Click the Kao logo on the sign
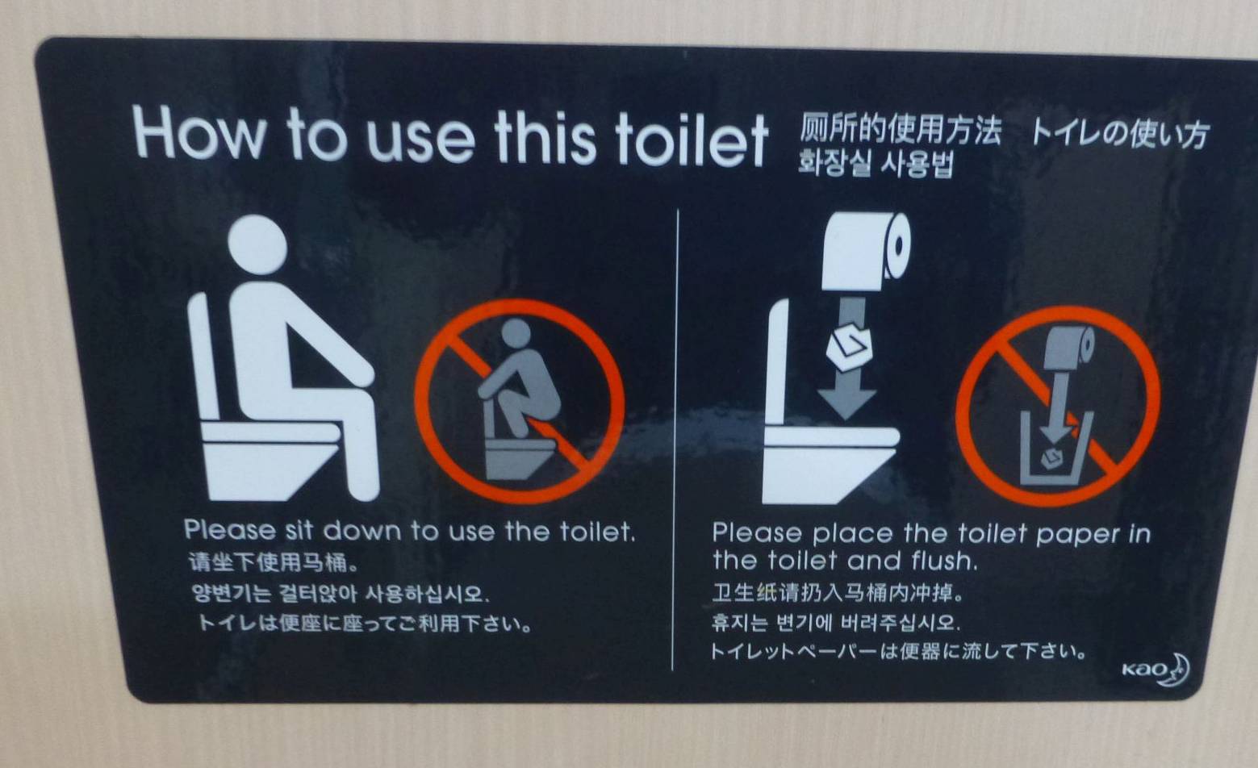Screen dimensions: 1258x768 (x=1156, y=670)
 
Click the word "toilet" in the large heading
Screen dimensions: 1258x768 (x=692, y=138)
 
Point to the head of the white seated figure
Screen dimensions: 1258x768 (x=257, y=244)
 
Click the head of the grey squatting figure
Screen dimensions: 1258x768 (x=516, y=333)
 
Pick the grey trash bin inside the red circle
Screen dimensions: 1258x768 (x=1056, y=448)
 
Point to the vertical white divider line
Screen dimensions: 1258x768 (x=675, y=440)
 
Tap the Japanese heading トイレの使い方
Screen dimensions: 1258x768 (x=1119, y=135)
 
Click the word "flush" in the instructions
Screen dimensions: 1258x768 (x=943, y=561)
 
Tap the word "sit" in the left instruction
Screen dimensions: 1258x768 (x=299, y=531)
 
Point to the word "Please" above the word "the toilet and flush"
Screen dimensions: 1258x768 (x=757, y=532)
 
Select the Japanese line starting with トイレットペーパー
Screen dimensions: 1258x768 (x=898, y=651)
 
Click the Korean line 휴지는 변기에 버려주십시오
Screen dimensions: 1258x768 (x=835, y=622)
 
